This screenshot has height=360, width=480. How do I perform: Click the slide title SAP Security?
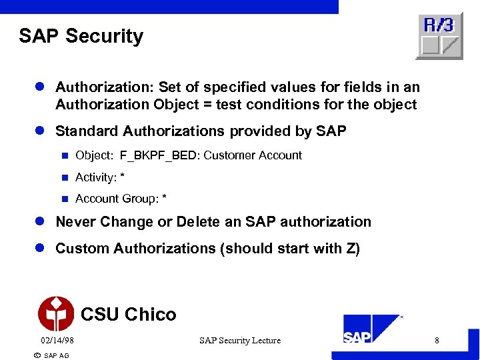tap(81, 36)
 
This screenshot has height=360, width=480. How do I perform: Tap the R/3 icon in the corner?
tap(439, 36)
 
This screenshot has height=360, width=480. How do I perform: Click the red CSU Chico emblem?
tap(56, 313)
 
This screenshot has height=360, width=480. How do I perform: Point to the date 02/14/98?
tap(57, 341)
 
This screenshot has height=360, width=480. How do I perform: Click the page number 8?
tap(437, 341)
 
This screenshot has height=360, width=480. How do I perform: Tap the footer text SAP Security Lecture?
tap(240, 341)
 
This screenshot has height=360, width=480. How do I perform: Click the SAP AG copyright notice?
tap(51, 355)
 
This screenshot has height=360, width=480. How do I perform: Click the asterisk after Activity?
tap(123, 177)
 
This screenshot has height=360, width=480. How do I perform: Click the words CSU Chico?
tap(128, 314)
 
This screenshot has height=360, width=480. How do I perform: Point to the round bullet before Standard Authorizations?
tap(40, 131)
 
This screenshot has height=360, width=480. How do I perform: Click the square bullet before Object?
tap(65, 156)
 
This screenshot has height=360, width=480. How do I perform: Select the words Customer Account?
tap(253, 156)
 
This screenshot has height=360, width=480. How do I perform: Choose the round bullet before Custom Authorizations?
tap(40, 249)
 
